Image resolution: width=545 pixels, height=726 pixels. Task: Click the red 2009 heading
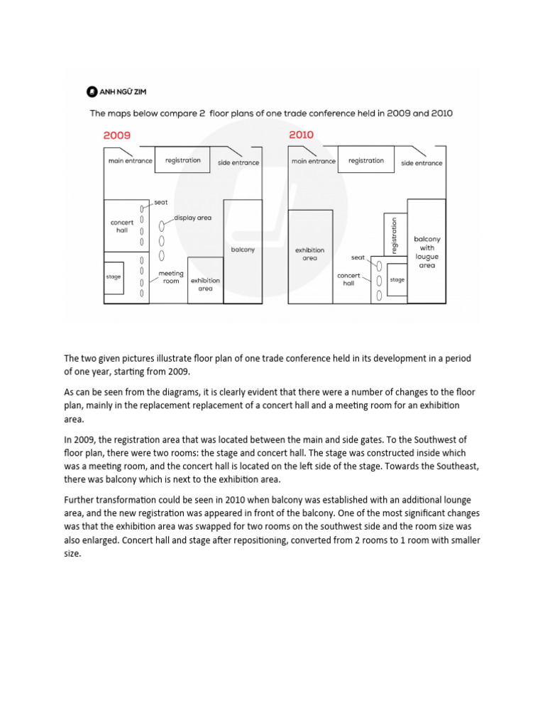118,135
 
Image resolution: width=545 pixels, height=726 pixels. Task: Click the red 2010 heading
301,135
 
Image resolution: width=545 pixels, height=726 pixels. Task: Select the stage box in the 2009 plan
114,277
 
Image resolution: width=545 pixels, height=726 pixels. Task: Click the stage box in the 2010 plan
397,279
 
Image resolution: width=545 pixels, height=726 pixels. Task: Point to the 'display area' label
193,218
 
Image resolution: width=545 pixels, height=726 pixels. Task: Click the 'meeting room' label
171,277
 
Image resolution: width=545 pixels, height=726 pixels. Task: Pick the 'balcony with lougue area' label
426,252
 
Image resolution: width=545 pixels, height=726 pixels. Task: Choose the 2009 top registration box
182,160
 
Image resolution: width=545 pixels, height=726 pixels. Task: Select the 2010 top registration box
366,160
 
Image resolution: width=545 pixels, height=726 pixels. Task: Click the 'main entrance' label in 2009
130,161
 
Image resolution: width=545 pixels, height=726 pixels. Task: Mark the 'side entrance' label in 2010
422,163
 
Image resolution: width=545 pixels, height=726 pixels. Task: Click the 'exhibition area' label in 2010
309,255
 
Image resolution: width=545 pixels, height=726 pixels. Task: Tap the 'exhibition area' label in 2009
205,284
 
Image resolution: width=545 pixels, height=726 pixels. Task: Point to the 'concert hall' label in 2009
122,226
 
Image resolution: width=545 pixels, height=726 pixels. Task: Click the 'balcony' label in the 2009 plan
243,250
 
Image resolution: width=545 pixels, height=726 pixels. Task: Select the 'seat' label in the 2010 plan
357,257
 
